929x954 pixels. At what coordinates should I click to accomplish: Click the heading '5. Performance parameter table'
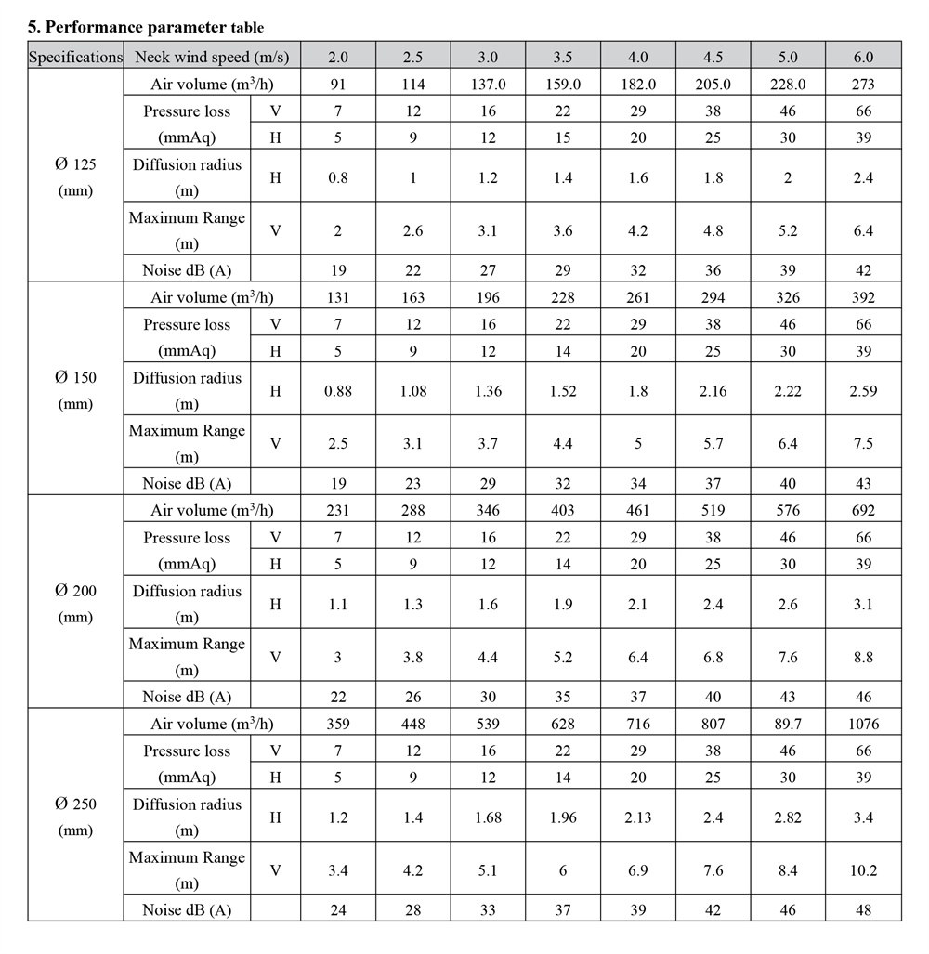click(x=146, y=27)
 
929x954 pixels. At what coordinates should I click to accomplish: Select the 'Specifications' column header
click(x=75, y=57)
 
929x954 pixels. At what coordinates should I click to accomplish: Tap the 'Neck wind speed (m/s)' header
click(x=212, y=57)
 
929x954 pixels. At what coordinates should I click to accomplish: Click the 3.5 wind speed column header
click(x=563, y=57)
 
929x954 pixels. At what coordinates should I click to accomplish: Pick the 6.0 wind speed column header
click(x=863, y=57)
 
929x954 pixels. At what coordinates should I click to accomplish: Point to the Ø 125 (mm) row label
click(x=75, y=176)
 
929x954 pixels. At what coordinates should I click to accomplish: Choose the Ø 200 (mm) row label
click(x=75, y=603)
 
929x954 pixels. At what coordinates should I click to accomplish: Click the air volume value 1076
click(x=863, y=724)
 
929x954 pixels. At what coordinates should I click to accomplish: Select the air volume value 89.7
click(x=788, y=724)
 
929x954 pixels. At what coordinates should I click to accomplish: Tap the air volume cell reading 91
click(x=338, y=84)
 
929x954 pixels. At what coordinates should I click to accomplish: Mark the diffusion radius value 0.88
click(x=338, y=390)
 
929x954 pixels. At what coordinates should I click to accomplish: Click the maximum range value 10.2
click(x=863, y=870)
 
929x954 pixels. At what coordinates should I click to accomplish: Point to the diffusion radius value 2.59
click(x=863, y=390)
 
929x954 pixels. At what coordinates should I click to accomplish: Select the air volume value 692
click(x=863, y=510)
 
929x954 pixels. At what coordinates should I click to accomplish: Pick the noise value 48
click(x=863, y=910)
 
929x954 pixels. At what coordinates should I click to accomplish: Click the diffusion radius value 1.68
click(x=488, y=817)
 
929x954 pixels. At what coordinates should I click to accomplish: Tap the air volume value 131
click(x=338, y=297)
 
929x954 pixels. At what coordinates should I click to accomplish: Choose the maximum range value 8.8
click(x=863, y=657)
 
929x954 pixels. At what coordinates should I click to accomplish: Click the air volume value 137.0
click(x=488, y=84)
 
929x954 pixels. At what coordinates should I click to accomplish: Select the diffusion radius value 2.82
click(x=788, y=817)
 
